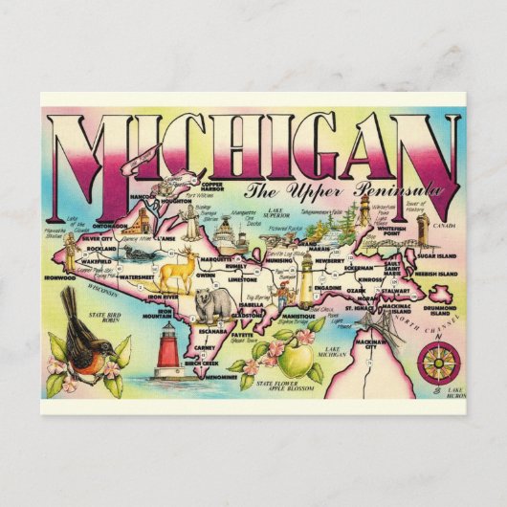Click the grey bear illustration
tap(212, 305)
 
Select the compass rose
tap(435, 364)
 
